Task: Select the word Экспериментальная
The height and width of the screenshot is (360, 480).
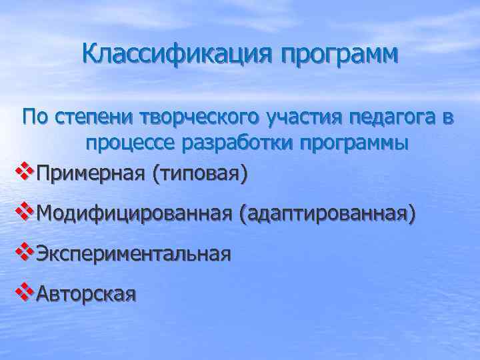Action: click(x=133, y=253)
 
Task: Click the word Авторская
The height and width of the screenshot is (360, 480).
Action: click(x=86, y=293)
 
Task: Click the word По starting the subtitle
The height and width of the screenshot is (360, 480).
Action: click(x=33, y=119)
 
